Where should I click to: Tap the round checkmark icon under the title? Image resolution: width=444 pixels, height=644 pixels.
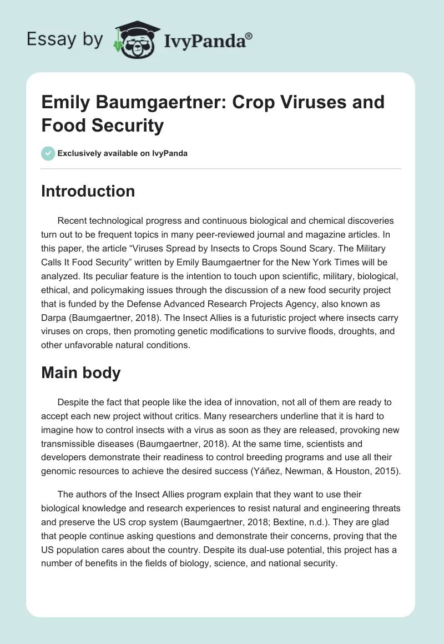48,153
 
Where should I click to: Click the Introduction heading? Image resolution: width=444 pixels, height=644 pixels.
88,191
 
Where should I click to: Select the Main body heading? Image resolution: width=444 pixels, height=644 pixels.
80,373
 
